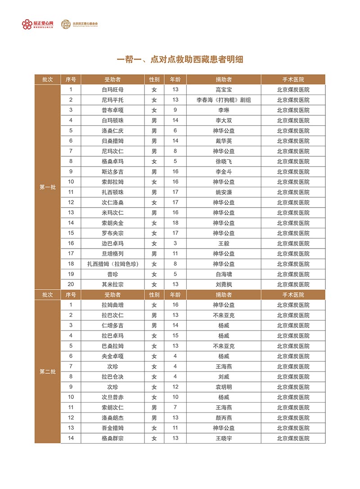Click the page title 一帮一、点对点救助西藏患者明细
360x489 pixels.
tap(180, 59)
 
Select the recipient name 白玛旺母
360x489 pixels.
tap(113, 90)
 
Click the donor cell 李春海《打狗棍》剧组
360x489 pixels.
tap(224, 100)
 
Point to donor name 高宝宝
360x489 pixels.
tap(224, 90)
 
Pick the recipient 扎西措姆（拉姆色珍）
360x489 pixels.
tap(113, 264)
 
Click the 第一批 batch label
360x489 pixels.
tap(47, 187)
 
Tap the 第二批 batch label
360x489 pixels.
tap(47, 371)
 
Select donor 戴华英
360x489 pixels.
tap(224, 141)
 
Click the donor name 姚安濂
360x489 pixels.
tap(224, 192)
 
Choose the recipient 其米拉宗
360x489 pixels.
tap(113, 285)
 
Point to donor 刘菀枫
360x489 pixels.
tap(224, 285)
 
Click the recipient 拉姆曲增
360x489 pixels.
tap(113, 305)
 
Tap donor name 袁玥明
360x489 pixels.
tap(224, 387)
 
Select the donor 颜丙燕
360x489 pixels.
tap(224, 418)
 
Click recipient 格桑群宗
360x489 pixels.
tap(113, 438)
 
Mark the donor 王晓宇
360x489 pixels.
tap(224, 438)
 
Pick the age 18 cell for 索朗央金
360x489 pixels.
tap(175, 223)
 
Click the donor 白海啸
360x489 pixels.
tap(224, 274)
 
